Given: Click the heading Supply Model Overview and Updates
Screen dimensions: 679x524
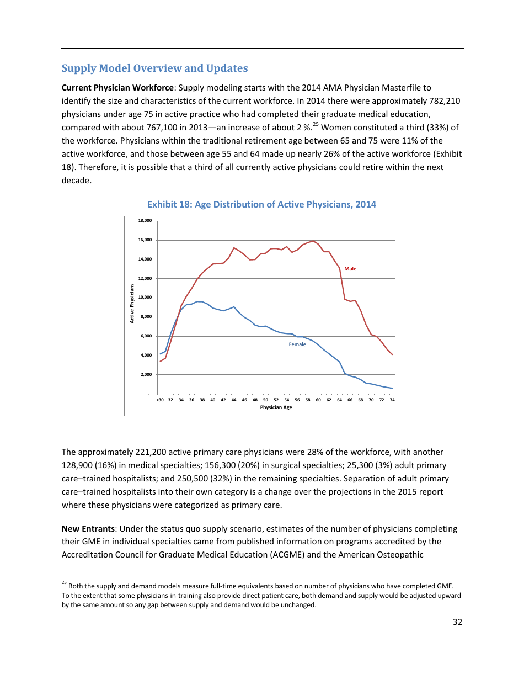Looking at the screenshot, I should tap(154, 68).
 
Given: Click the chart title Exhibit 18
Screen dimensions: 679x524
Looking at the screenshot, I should tap(261, 204).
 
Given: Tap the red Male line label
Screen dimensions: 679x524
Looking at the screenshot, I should tap(350, 269).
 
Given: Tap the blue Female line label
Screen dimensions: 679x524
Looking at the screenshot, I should tap(297, 344).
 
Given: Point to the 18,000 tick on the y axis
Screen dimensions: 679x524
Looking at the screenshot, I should tap(145, 221).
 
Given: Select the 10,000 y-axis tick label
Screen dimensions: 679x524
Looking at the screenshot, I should tap(145, 298).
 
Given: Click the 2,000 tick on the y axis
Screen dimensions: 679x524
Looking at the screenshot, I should tap(146, 374).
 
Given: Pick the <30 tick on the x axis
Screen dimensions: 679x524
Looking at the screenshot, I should tap(160, 400).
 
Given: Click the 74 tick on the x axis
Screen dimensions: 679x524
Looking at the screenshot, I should tap(392, 400).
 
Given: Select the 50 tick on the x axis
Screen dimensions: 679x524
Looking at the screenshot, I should tap(265, 400).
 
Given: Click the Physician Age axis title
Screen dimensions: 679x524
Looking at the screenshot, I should tap(276, 407).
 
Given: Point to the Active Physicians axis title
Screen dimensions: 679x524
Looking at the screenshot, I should tap(132, 304).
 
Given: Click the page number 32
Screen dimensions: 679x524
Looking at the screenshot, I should tap(457, 622).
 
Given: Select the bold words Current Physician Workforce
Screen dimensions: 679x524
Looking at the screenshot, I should tap(117, 87).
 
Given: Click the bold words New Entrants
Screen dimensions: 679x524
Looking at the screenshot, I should tap(88, 529).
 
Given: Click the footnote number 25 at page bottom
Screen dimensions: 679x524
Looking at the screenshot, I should tap(64, 583).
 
